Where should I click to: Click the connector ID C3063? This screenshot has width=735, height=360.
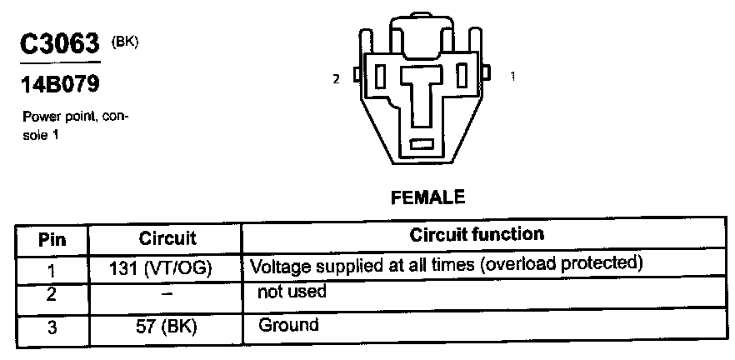(x=60, y=47)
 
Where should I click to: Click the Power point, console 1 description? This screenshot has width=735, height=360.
(x=75, y=123)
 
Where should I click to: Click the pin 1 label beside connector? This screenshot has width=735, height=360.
(x=512, y=76)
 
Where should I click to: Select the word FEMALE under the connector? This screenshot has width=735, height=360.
(x=426, y=197)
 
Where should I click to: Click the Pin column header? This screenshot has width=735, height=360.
(x=52, y=240)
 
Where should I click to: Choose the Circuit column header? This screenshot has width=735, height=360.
(x=167, y=239)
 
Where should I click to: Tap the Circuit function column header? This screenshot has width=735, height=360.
(x=477, y=236)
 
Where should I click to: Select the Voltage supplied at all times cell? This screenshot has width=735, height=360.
(x=448, y=266)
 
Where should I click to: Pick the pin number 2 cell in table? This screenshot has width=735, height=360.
(x=52, y=295)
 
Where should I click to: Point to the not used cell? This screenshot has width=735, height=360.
(x=292, y=292)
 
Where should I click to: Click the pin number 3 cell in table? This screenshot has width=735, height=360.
(x=52, y=328)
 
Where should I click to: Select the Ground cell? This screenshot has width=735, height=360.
(x=288, y=325)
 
